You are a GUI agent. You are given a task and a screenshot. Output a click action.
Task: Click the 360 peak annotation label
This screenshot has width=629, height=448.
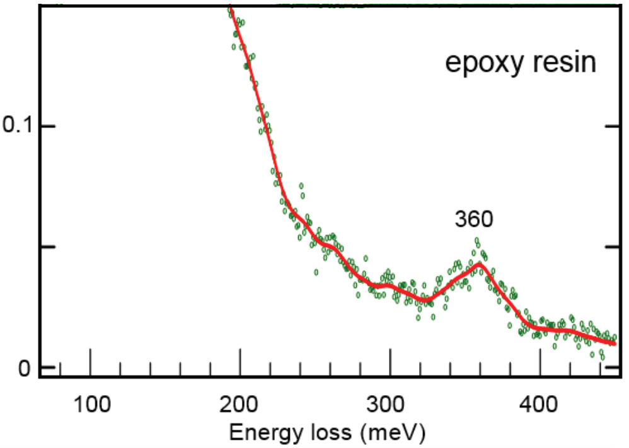(x=473, y=219)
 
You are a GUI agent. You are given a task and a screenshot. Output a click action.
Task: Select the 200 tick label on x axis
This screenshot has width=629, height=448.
(x=239, y=402)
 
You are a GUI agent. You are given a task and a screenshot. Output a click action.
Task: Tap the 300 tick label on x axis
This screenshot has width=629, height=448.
(x=390, y=402)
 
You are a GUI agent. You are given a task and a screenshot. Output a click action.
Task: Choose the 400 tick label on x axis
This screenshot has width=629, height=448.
(x=540, y=402)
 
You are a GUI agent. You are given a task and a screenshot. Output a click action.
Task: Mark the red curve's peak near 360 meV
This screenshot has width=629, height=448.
(x=480, y=264)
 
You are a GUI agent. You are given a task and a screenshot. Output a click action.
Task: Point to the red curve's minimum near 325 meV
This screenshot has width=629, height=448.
(x=426, y=298)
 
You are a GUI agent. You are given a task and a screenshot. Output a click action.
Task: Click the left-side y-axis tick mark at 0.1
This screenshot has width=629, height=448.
(x=48, y=126)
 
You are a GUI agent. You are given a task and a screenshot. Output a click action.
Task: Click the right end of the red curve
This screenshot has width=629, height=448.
(x=615, y=343)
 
